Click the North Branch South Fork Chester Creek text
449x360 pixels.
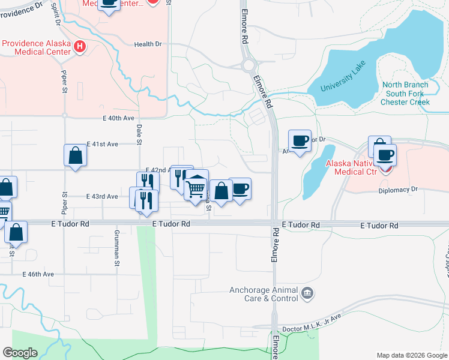point(405,93)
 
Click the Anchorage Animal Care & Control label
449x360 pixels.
point(264,294)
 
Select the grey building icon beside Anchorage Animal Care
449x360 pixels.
point(307,293)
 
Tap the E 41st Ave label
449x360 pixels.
point(102,144)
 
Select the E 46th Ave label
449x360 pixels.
point(38,274)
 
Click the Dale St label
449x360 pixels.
point(139,134)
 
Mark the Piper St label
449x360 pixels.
point(64,82)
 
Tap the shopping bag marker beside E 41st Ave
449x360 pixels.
point(75,156)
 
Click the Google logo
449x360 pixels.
point(20,353)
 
